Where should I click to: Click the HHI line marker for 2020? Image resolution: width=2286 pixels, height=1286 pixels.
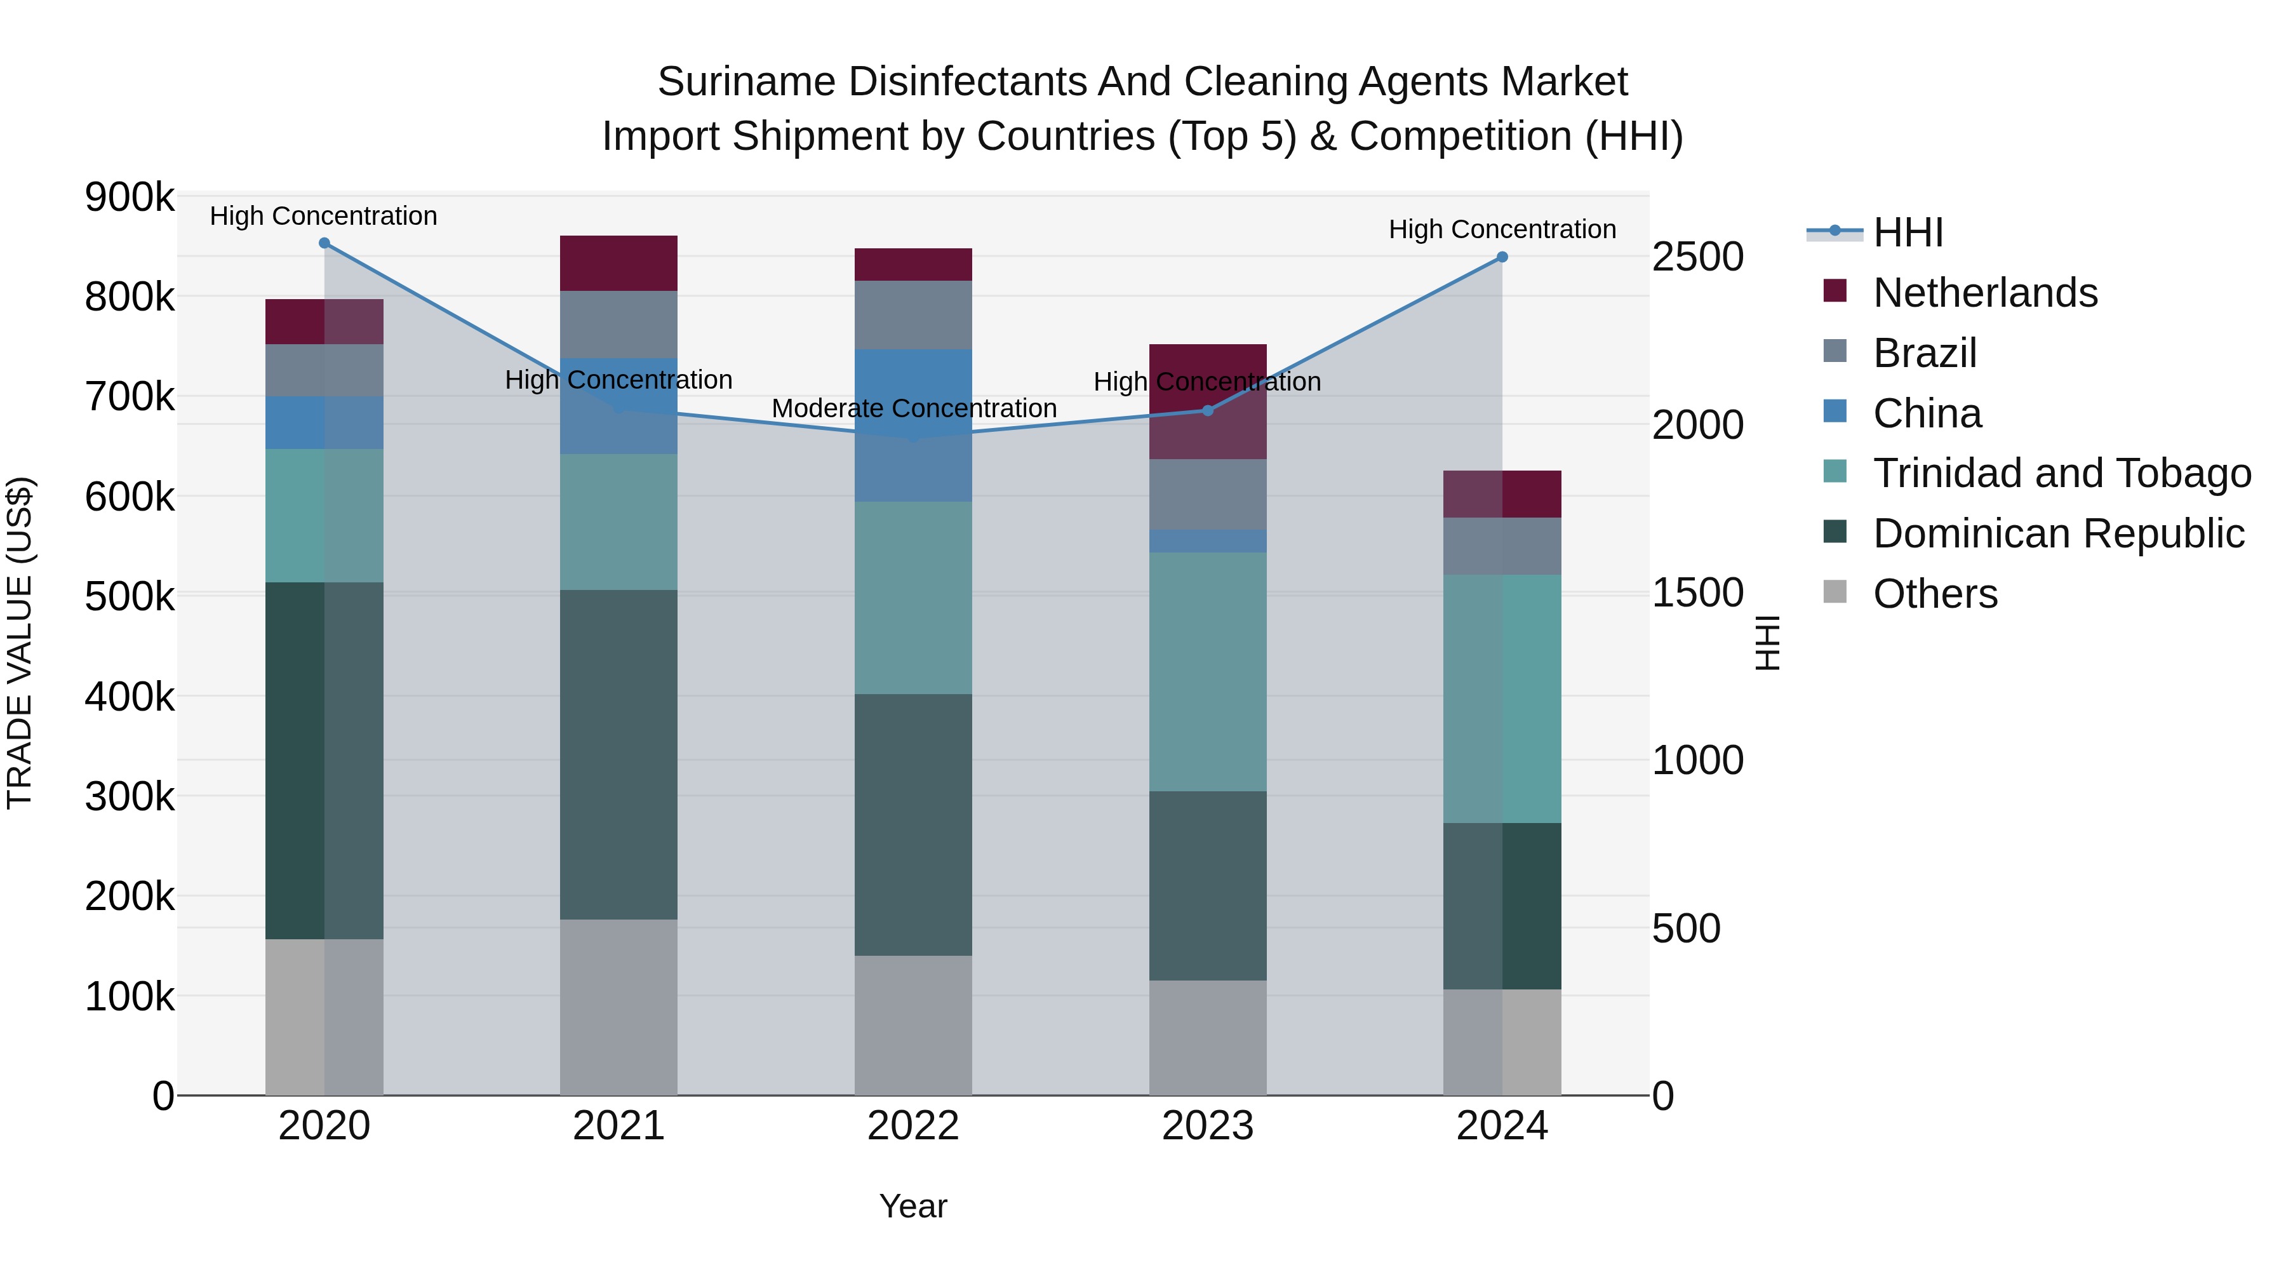pyautogui.click(x=324, y=243)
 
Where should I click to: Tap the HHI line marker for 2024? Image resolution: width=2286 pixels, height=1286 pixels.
pyautogui.click(x=1502, y=257)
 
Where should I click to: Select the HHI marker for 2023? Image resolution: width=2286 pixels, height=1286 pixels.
pyautogui.click(x=1207, y=411)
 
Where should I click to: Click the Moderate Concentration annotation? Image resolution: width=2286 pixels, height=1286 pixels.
pyautogui.click(x=914, y=408)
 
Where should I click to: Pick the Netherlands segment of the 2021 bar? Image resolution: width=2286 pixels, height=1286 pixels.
pyautogui.click(x=618, y=264)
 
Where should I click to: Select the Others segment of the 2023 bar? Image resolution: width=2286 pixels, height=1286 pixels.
pyautogui.click(x=1207, y=1038)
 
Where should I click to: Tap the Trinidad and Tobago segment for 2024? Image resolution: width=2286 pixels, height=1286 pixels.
pyautogui.click(x=1502, y=699)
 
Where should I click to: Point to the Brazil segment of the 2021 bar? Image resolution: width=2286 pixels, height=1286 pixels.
pyautogui.click(x=618, y=324)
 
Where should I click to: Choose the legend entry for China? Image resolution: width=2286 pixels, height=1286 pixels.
pyautogui.click(x=1927, y=413)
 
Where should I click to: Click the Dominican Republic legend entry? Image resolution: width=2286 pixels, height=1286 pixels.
pyautogui.click(x=2058, y=534)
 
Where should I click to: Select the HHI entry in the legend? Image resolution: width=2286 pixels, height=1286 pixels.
pyautogui.click(x=1908, y=232)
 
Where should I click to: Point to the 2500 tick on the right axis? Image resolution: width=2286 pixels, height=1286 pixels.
pyautogui.click(x=1697, y=257)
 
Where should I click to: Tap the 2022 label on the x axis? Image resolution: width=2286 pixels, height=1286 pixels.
pyautogui.click(x=913, y=1126)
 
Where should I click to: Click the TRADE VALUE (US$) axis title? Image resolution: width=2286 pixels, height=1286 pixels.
pyautogui.click(x=20, y=643)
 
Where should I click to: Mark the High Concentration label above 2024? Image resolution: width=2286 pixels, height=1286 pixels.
pyautogui.click(x=1502, y=229)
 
